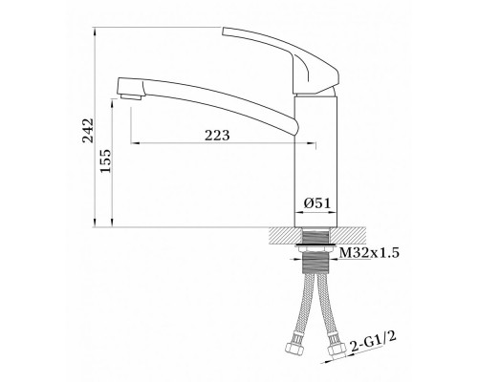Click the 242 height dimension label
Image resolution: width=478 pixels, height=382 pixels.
point(88,130)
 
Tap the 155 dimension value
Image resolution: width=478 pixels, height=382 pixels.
point(106,160)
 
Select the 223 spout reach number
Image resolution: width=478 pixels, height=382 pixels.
point(217,136)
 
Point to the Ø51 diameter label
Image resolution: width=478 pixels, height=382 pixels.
point(317,202)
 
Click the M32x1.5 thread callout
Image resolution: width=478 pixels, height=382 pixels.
point(369,253)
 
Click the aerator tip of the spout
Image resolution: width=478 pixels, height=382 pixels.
point(131,96)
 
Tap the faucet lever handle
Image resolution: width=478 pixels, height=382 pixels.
point(280,60)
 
